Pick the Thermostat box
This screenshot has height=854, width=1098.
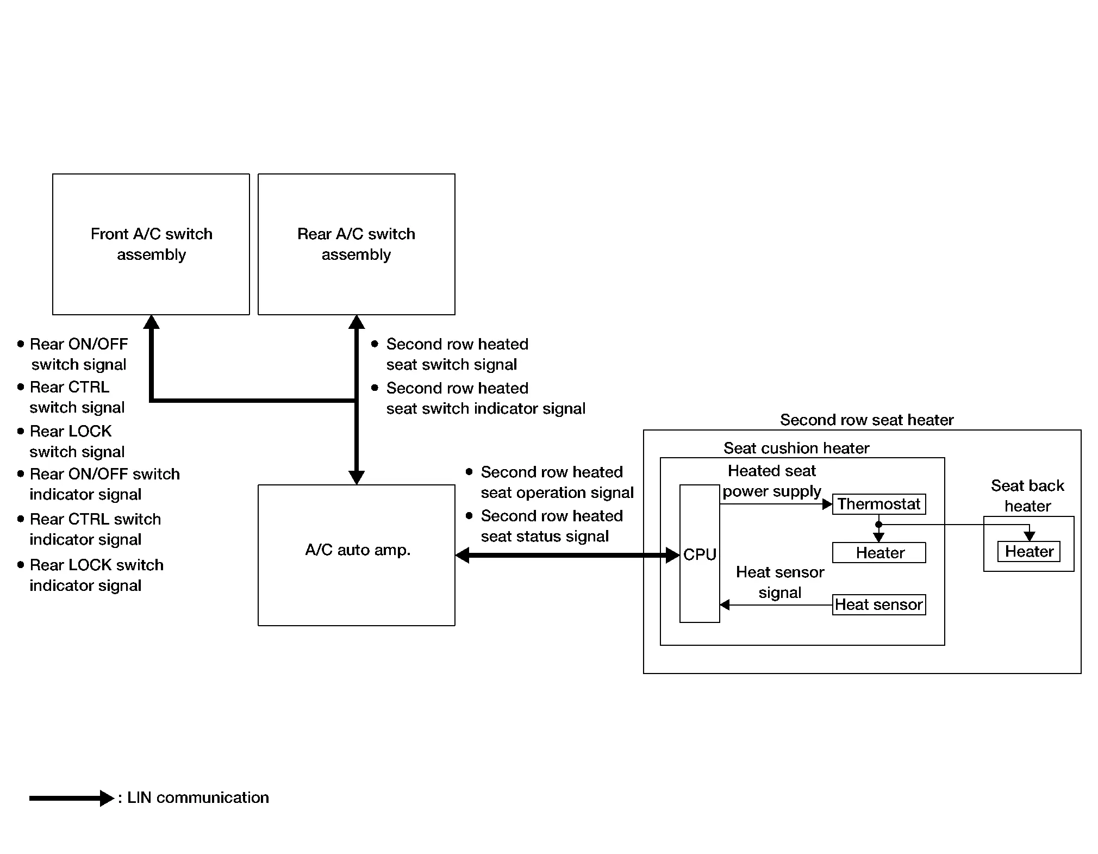879,504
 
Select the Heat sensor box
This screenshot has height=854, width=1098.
879,604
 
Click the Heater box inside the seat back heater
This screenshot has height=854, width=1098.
1029,552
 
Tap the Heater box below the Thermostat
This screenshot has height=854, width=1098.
879,553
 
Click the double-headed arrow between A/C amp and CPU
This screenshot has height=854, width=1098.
567,555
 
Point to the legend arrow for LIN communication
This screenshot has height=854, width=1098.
72,798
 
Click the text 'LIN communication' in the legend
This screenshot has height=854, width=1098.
198,797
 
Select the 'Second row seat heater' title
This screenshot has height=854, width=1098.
867,420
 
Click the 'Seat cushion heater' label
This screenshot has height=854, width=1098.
796,448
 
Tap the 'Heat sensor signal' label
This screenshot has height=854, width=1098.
780,582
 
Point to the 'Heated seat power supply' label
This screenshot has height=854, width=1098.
772,481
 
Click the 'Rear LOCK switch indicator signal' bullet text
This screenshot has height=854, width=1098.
96,575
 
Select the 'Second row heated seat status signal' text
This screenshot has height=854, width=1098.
552,526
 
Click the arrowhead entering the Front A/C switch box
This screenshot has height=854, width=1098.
151,322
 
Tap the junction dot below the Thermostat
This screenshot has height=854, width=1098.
878,525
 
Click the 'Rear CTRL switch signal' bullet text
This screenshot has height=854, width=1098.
77,397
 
